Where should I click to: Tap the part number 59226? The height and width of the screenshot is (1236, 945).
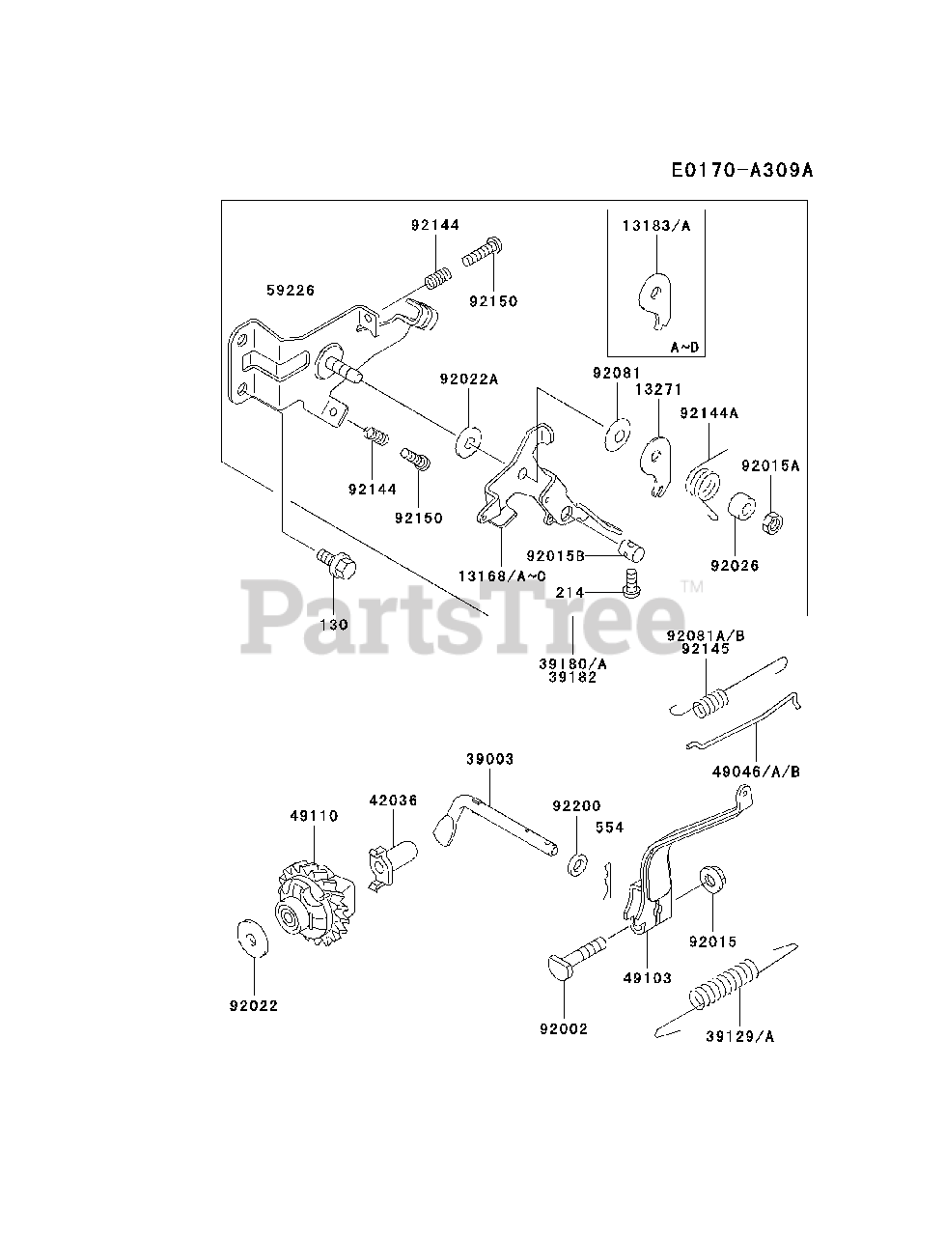292,290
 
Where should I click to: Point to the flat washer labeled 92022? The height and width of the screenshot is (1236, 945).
250,937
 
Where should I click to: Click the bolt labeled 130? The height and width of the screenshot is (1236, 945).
335,565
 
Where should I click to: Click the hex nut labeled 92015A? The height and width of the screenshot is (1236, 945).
771,522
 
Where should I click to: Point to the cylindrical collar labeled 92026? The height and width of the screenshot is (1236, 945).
740,508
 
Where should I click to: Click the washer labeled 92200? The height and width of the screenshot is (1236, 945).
577,861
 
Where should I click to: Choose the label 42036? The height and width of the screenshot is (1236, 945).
393,801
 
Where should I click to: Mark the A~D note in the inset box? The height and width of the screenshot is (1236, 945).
686,346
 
